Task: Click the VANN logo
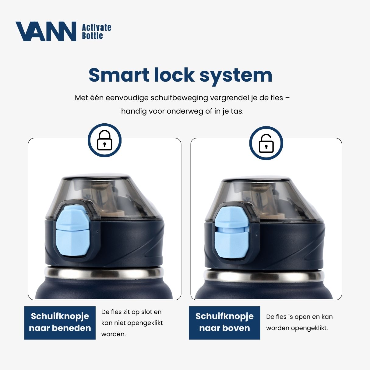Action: pyautogui.click(x=46, y=31)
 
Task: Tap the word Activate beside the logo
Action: pyautogui.click(x=97, y=28)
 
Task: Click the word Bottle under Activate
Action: pyautogui.click(x=92, y=36)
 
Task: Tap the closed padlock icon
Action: pyautogui.click(x=104, y=140)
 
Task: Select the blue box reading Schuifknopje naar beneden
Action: pyautogui.click(x=60, y=323)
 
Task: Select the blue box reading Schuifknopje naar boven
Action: pyautogui.click(x=224, y=323)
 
